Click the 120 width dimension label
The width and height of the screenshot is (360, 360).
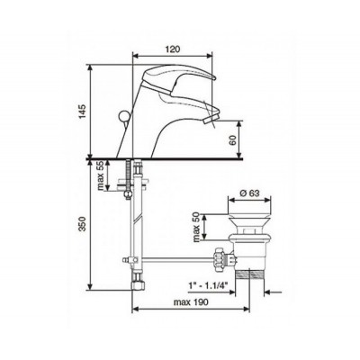[173, 49]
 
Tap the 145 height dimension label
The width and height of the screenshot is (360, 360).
[83, 111]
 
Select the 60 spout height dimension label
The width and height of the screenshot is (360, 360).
[233, 139]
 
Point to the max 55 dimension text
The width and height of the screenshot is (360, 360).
[101, 175]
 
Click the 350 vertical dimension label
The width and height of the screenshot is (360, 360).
[83, 224]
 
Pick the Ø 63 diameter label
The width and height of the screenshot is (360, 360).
[249, 193]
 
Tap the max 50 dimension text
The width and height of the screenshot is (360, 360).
[197, 227]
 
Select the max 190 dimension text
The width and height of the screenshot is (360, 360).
[191, 302]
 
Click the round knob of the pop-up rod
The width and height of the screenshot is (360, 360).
[123, 115]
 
